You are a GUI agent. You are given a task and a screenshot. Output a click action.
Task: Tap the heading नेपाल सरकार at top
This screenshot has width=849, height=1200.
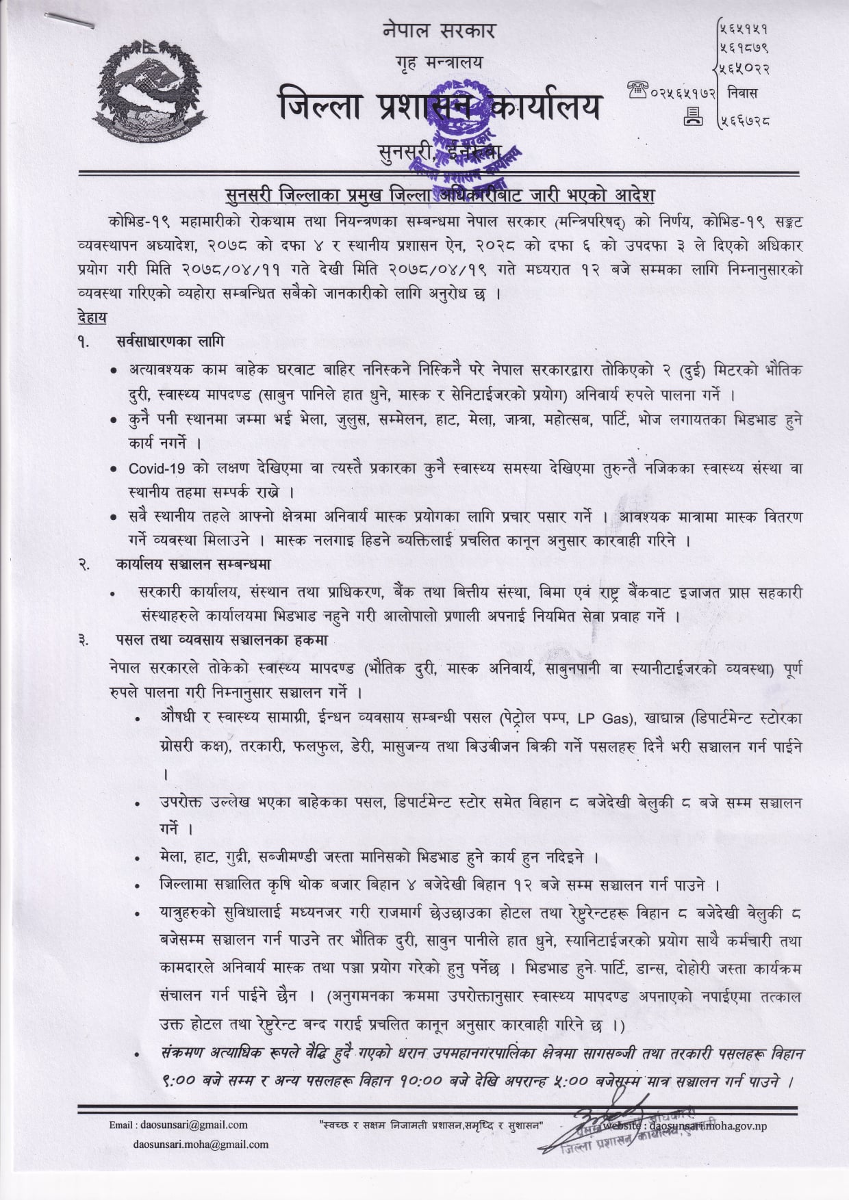tap(438, 31)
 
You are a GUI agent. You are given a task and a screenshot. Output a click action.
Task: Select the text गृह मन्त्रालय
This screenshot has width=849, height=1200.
tap(438, 63)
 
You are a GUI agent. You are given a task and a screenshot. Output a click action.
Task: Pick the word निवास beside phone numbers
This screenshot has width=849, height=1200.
tap(743, 92)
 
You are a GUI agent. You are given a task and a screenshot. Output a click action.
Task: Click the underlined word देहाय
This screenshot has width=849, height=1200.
tap(92, 317)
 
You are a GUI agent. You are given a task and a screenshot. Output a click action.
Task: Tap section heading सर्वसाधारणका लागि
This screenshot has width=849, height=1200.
tap(170, 341)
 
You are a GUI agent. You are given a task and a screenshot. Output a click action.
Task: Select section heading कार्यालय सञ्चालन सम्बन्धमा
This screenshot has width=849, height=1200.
tap(193, 564)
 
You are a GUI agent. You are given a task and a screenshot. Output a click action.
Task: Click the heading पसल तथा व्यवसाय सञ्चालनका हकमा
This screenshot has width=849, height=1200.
tap(222, 640)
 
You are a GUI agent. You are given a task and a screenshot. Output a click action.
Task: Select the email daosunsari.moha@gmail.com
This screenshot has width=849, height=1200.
tap(201, 1144)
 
